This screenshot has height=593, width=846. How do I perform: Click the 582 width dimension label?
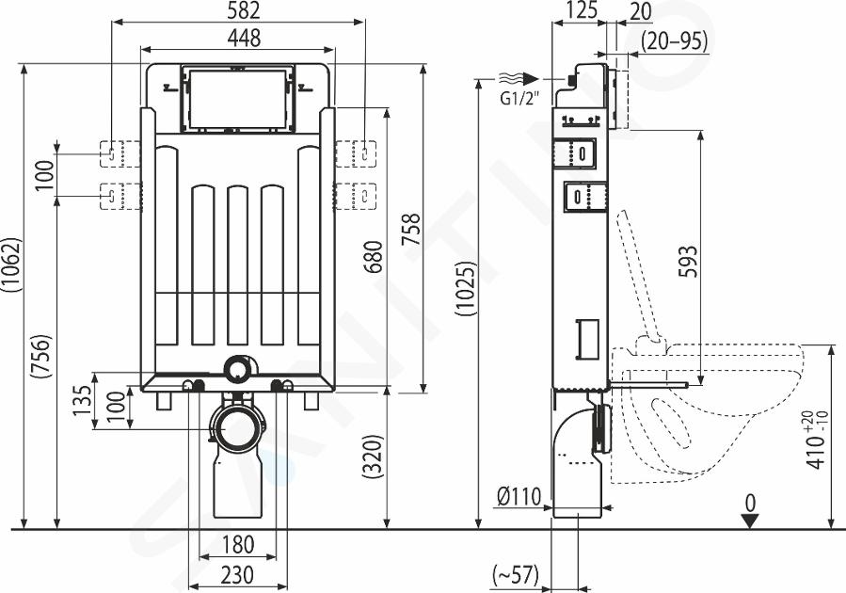[x=244, y=10]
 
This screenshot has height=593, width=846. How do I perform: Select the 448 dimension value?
[x=244, y=38]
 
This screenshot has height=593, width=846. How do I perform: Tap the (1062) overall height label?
[x=11, y=265]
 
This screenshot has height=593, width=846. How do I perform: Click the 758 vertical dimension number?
[x=411, y=230]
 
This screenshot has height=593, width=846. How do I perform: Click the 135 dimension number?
[x=83, y=400]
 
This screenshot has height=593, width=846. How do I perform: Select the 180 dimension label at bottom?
[x=238, y=544]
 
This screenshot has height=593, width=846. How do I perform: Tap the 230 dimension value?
[x=238, y=574]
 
